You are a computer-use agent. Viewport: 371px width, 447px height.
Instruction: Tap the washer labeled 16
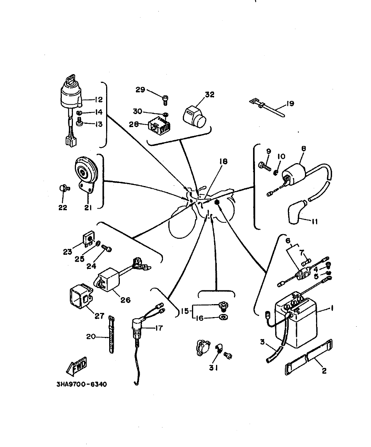click(223, 317)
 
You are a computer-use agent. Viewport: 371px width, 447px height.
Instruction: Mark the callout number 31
click(214, 368)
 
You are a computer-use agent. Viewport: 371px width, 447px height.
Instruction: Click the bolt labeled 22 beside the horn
click(63, 188)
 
